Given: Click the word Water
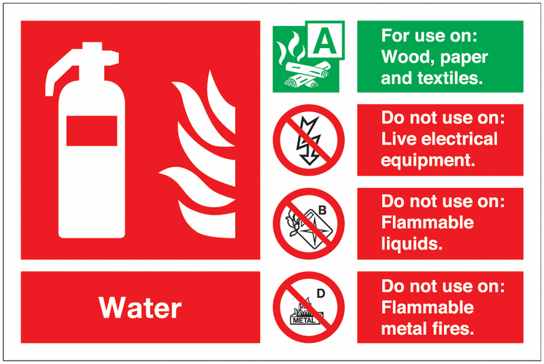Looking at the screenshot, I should pyautogui.click(x=140, y=308).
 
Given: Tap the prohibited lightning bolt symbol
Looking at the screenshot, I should pyautogui.click(x=308, y=140).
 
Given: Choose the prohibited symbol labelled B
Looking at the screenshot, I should pyautogui.click(x=308, y=224).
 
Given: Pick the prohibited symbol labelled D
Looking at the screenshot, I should pyautogui.click(x=308, y=307).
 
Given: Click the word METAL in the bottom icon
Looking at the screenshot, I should pyautogui.click(x=303, y=319).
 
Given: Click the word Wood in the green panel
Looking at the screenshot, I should pyautogui.click(x=405, y=56).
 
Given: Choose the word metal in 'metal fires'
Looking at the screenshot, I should pyautogui.click(x=405, y=329).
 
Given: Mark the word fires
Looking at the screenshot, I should pyautogui.click(x=453, y=329).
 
